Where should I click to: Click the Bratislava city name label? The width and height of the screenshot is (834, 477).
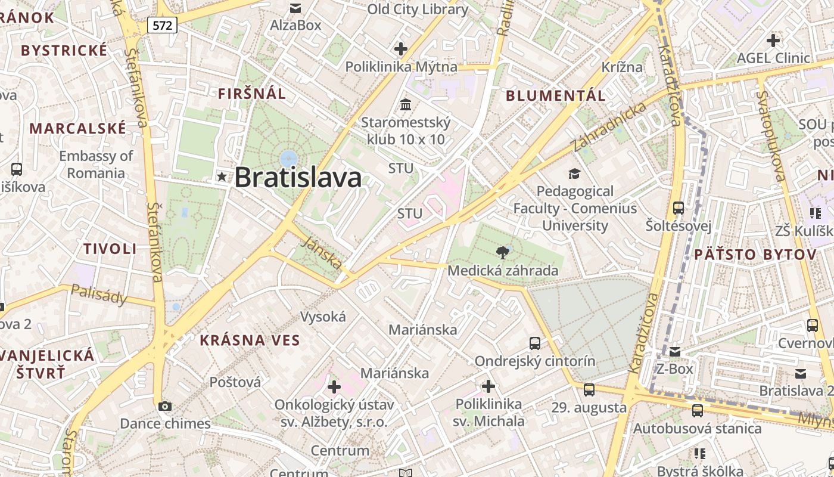298,178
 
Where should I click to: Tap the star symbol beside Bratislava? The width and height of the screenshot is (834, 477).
222,176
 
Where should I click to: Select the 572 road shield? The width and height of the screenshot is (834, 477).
163,25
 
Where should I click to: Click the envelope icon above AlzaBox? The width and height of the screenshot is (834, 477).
295,8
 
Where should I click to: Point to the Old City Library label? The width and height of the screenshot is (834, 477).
418,10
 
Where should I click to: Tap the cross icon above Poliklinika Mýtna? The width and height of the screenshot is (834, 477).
401,49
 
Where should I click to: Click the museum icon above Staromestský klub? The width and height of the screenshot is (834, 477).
406,105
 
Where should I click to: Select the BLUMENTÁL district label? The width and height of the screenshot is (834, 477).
556,95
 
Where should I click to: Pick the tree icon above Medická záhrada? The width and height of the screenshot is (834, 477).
503,253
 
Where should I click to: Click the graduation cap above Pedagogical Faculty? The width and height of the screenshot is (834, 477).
574,174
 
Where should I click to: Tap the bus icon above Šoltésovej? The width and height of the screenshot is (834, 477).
679,208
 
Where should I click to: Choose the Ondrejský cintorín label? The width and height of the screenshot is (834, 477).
534,361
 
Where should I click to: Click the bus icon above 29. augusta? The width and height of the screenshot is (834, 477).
589,390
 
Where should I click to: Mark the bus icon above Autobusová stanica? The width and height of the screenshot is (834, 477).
697,411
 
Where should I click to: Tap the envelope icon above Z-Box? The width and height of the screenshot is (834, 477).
675,352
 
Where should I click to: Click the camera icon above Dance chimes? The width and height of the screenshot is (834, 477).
165,406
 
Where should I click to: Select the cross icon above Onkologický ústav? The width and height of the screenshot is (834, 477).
334,387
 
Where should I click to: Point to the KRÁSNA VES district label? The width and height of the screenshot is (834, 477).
250,340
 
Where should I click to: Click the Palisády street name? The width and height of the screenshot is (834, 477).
99,293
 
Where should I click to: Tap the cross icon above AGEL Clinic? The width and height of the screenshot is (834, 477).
773,41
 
